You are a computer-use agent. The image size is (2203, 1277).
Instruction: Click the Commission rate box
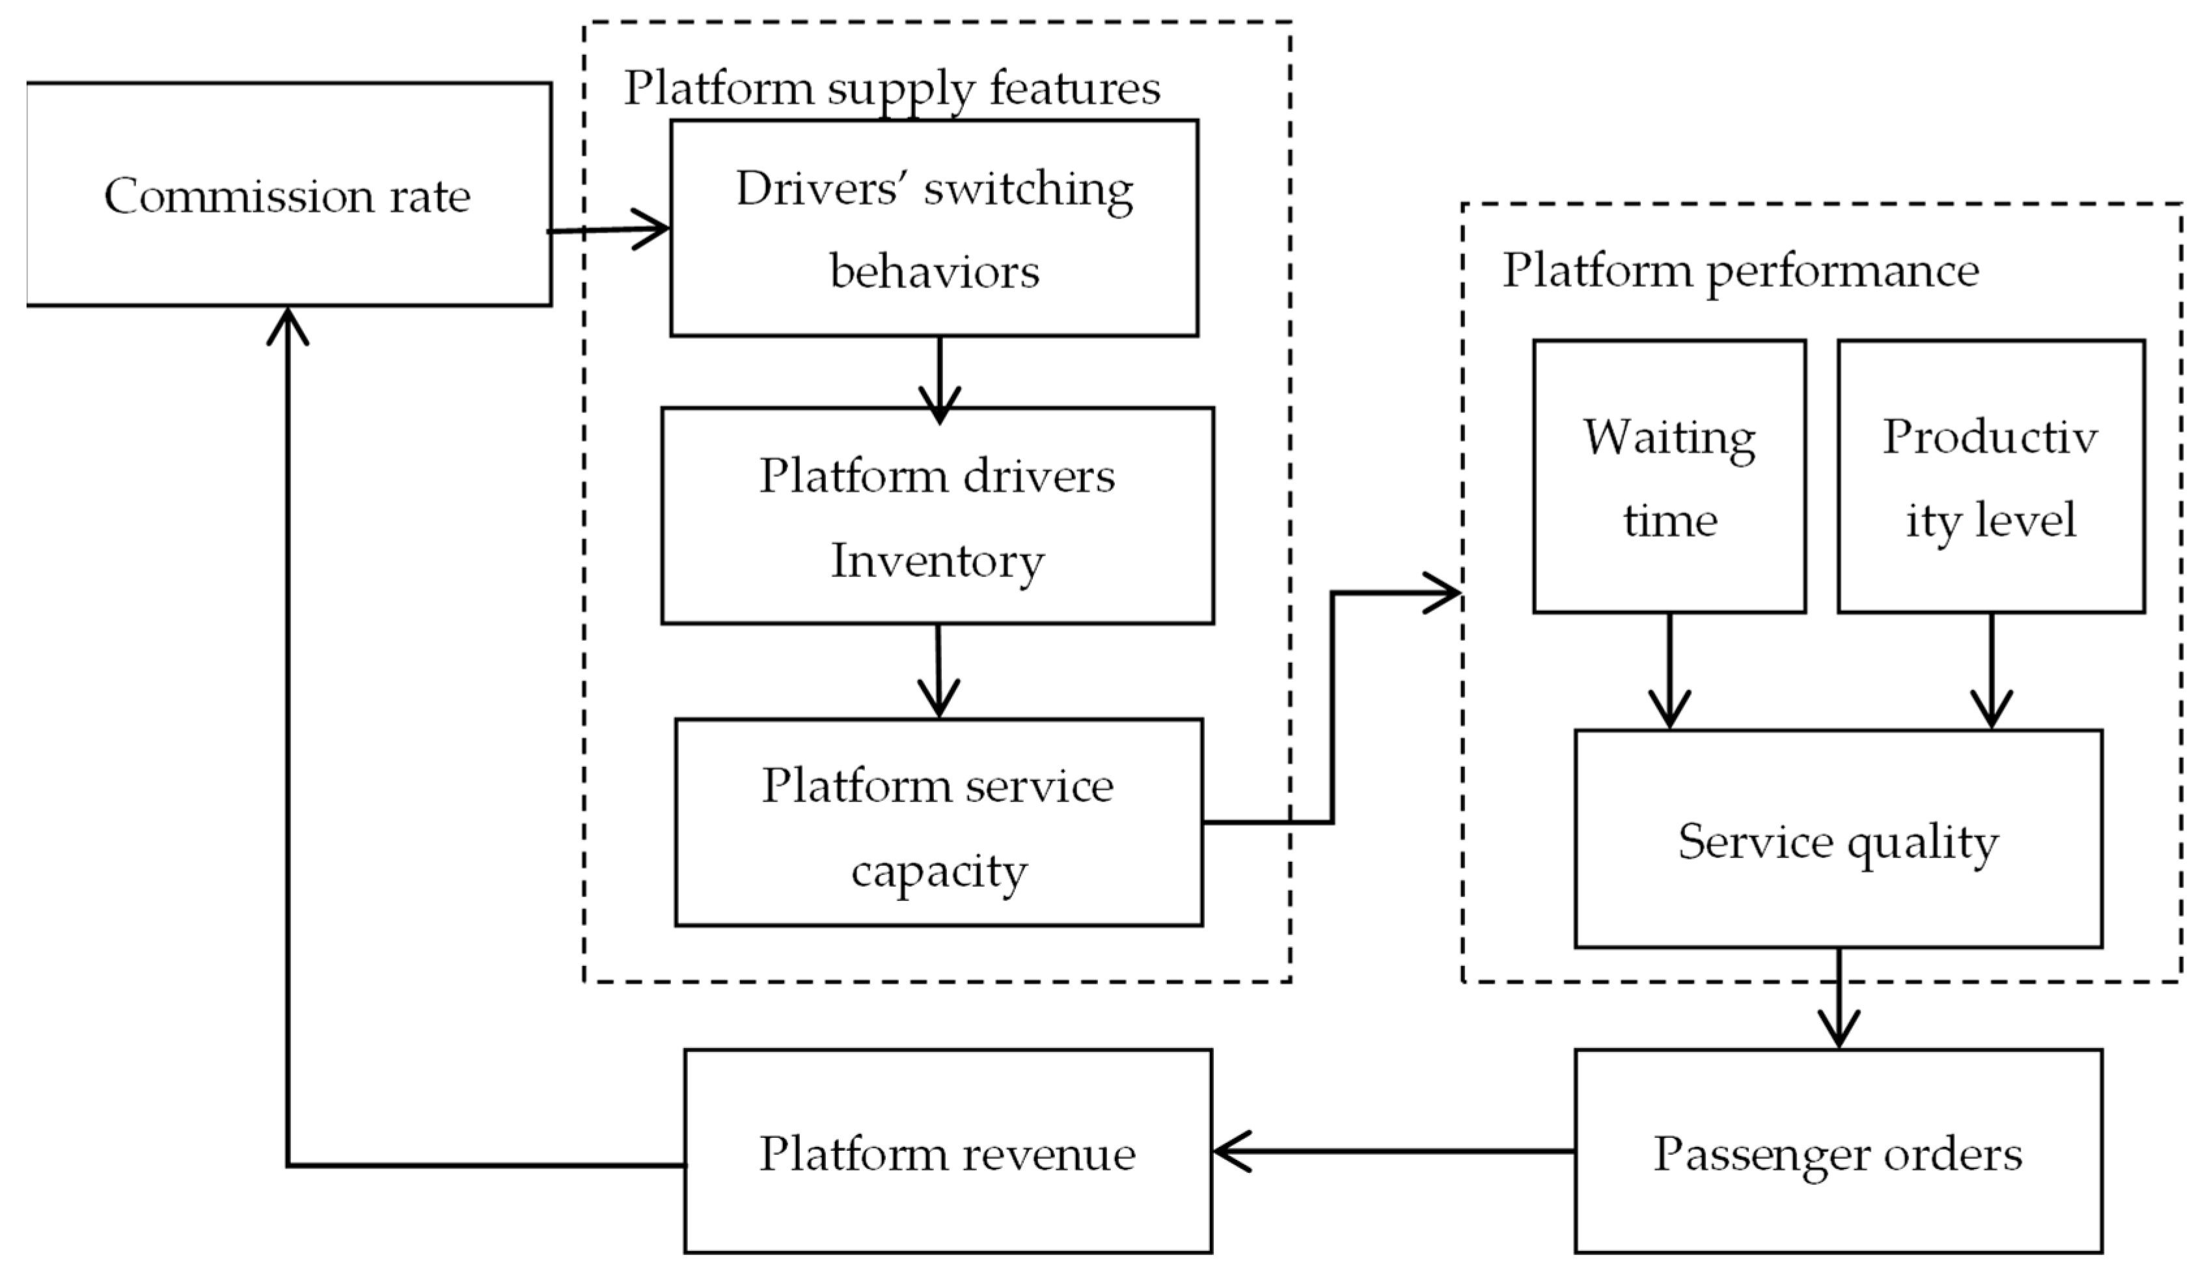tap(288, 194)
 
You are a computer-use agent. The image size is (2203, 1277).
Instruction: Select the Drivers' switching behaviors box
tap(934, 228)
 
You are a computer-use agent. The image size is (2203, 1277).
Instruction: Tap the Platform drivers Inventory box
tap(937, 516)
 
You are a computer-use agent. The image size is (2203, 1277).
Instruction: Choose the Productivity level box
tap(1991, 476)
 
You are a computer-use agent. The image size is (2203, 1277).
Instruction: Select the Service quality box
tap(1838, 839)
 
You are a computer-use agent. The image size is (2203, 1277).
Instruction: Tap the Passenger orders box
tap(1838, 1152)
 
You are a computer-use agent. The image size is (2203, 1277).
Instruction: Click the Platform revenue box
tap(948, 1152)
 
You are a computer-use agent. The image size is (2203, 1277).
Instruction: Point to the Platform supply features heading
tap(892, 87)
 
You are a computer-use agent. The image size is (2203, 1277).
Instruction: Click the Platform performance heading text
tap(1740, 269)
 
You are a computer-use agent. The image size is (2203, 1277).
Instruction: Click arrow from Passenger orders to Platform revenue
tap(1393, 1151)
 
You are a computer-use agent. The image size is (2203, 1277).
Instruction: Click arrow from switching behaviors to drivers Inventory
tap(940, 376)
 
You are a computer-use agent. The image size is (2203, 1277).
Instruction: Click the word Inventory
tap(937, 559)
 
